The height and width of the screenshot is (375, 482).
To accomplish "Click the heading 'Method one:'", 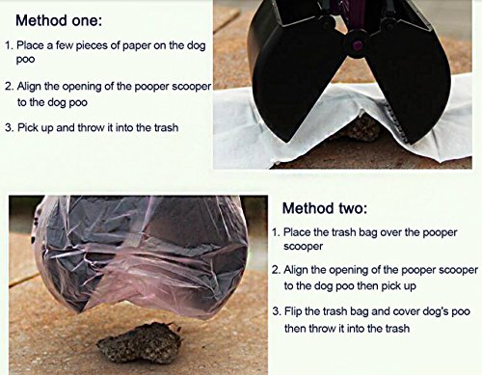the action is (59, 20).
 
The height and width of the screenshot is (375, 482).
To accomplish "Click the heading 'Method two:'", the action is (325, 208).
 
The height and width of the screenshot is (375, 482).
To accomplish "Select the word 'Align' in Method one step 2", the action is (29, 87).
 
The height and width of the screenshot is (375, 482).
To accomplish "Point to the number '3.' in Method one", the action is (10, 128).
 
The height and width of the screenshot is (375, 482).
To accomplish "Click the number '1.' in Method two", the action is (276, 232).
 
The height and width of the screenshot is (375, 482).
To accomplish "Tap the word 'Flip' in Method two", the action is (293, 311).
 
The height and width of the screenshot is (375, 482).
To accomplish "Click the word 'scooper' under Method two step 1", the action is (303, 247).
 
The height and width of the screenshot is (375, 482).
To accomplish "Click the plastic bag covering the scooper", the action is (142, 254).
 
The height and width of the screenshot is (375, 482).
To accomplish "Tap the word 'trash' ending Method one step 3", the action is (166, 127).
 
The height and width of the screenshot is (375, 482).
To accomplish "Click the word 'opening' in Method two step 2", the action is (349, 271).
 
